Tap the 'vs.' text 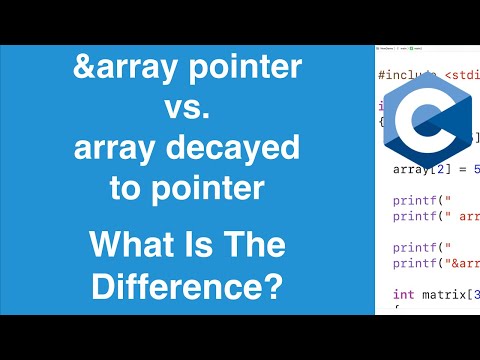click(186, 111)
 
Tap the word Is click(202, 245)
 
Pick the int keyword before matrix click(402, 294)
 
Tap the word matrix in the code click(441, 294)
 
